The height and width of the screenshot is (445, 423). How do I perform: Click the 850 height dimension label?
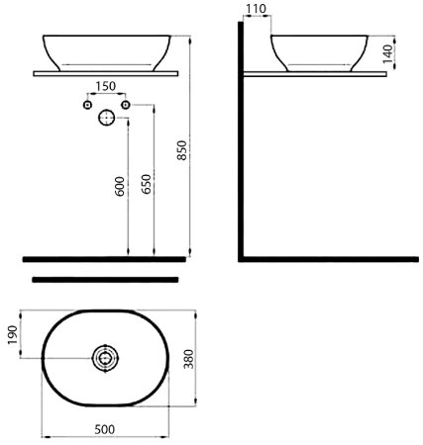[x=182, y=150]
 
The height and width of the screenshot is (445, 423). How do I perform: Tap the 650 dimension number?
[x=146, y=184]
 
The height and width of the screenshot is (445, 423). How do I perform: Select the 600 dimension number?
[x=120, y=186]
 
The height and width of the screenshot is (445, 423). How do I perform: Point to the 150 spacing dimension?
[x=106, y=86]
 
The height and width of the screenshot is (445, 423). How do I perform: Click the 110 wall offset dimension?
[x=257, y=9]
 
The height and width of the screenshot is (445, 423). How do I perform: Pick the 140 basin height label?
[x=388, y=53]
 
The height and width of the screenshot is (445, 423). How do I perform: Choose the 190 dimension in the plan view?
[x=13, y=335]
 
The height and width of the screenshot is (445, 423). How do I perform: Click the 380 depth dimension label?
[x=188, y=359]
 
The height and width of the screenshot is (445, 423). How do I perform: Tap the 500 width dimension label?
[x=105, y=429]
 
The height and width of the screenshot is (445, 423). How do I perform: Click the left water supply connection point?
[x=87, y=105]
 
